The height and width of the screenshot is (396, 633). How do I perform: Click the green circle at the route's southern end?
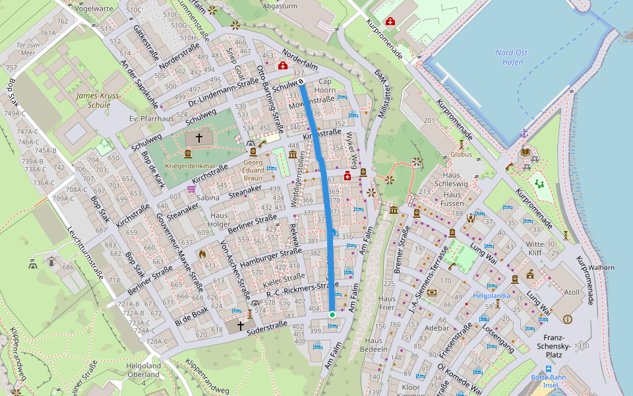click(332, 315)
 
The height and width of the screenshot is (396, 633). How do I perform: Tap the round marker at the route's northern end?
click(301, 82)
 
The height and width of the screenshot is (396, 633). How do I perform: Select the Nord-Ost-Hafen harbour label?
click(509, 57)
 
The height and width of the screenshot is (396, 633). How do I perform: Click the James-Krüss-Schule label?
click(98, 100)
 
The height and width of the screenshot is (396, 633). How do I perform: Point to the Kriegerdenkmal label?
click(191, 166)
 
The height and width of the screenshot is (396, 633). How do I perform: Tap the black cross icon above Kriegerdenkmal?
click(198, 138)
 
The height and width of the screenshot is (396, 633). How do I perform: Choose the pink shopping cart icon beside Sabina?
click(191, 189)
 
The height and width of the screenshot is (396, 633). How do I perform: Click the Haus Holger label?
click(220, 219)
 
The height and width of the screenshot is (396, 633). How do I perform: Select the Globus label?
click(462, 154)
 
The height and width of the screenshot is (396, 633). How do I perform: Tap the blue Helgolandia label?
click(491, 296)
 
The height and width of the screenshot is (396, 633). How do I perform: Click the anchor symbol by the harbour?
click(524, 134)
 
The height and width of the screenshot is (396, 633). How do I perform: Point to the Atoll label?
click(571, 292)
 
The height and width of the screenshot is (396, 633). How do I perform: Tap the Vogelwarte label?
click(91, 9)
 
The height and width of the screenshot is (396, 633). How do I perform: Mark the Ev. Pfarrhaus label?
click(152, 119)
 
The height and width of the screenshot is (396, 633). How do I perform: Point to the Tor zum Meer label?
click(26, 49)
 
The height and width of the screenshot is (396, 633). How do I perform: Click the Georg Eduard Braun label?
click(253, 170)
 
